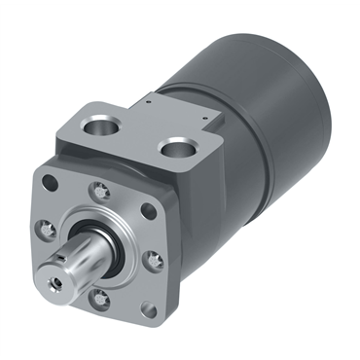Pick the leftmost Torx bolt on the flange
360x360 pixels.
[46, 230]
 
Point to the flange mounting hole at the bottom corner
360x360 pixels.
[146, 309]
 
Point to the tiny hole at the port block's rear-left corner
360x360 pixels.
[144, 97]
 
